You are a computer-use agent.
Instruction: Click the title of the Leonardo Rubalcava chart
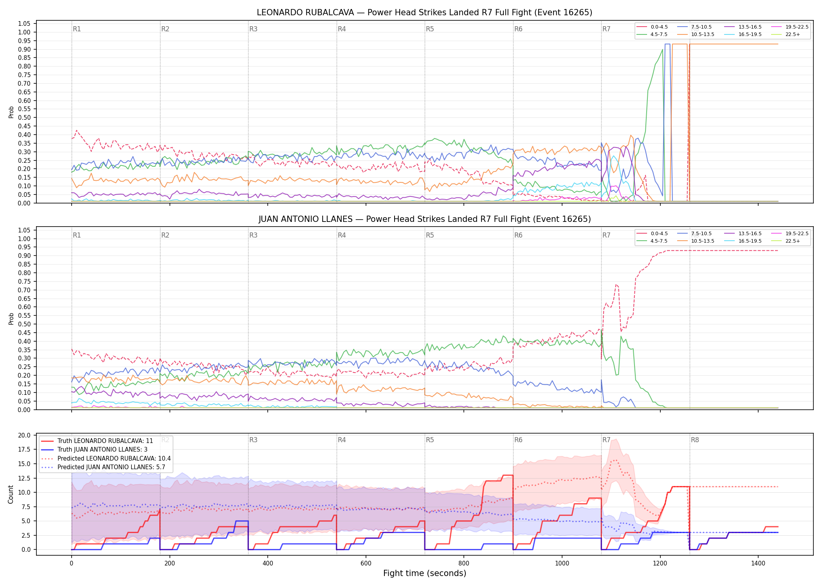pos(424,13)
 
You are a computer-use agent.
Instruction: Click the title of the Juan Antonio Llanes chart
pos(424,219)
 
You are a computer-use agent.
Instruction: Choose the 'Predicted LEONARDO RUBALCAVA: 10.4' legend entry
pos(106,458)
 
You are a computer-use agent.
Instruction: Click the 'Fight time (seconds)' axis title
pos(425,573)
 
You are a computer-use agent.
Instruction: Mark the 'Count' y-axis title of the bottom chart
pos(11,494)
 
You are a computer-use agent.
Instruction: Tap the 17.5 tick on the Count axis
pos(24,449)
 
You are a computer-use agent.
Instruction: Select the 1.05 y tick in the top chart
pos(24,24)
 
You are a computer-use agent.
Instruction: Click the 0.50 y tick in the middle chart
pos(24,324)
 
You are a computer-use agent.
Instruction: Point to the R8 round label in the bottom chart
pos(695,440)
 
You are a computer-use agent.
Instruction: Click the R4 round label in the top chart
pos(342,29)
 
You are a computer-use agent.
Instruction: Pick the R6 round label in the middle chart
pos(518,235)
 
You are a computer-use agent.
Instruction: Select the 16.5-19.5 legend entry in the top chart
pos(743,34)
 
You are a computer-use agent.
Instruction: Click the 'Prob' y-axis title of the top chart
pos(11,112)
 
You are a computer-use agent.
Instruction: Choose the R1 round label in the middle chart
pos(77,235)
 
